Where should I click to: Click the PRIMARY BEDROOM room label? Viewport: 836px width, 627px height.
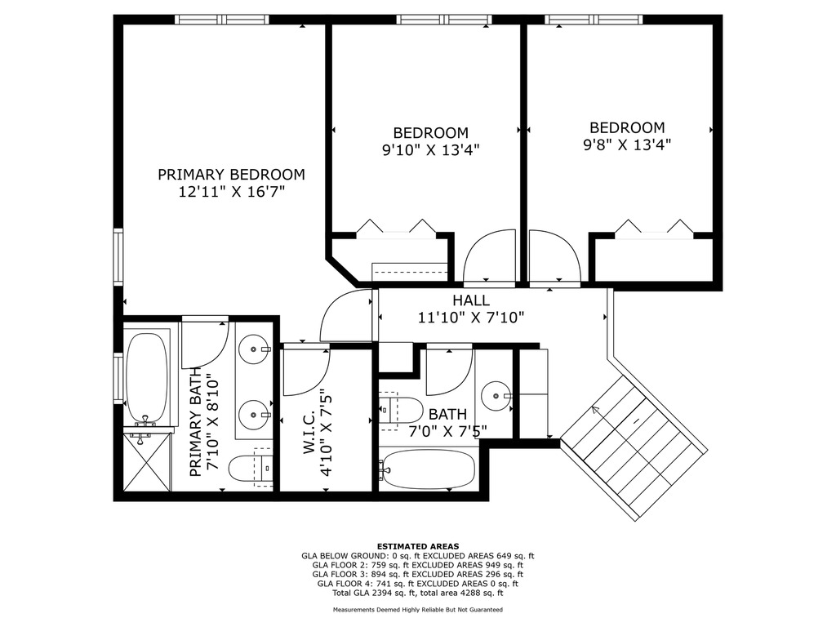[231, 175]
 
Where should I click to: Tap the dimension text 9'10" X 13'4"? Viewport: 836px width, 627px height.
[431, 150]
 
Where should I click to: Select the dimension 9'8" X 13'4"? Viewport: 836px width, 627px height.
[627, 145]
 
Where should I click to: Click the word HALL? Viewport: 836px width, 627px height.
[471, 300]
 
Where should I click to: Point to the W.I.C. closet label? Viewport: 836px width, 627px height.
[310, 435]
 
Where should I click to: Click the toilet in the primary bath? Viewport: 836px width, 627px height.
[251, 468]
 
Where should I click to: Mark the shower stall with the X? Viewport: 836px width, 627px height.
[147, 462]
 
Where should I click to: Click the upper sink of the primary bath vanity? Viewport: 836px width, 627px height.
[255, 349]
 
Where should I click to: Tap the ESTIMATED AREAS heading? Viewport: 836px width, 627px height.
[418, 546]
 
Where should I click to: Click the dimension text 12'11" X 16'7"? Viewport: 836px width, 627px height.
[231, 191]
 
